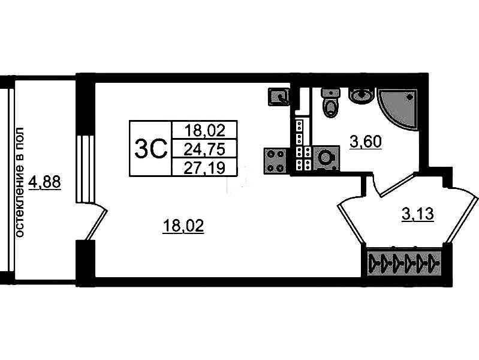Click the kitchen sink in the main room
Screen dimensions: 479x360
(x=279, y=97)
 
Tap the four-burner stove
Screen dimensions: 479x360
(x=275, y=161)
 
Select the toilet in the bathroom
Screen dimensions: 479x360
(x=330, y=103)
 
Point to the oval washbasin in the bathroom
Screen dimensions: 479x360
(x=361, y=95)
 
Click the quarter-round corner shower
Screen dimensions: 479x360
(x=397, y=110)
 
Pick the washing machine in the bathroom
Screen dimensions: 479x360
(x=327, y=158)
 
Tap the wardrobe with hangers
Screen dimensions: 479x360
(x=405, y=262)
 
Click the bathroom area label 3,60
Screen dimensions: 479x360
(x=366, y=142)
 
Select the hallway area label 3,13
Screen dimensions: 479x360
(x=418, y=214)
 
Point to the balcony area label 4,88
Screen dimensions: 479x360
(x=44, y=182)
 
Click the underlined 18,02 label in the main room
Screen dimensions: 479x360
(x=183, y=227)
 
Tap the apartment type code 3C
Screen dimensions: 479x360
(x=151, y=148)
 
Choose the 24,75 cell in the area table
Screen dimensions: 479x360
(x=204, y=149)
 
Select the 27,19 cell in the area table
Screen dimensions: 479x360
(x=204, y=167)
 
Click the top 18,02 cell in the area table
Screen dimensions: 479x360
(x=204, y=130)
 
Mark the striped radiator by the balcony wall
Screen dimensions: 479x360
(x=85, y=169)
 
